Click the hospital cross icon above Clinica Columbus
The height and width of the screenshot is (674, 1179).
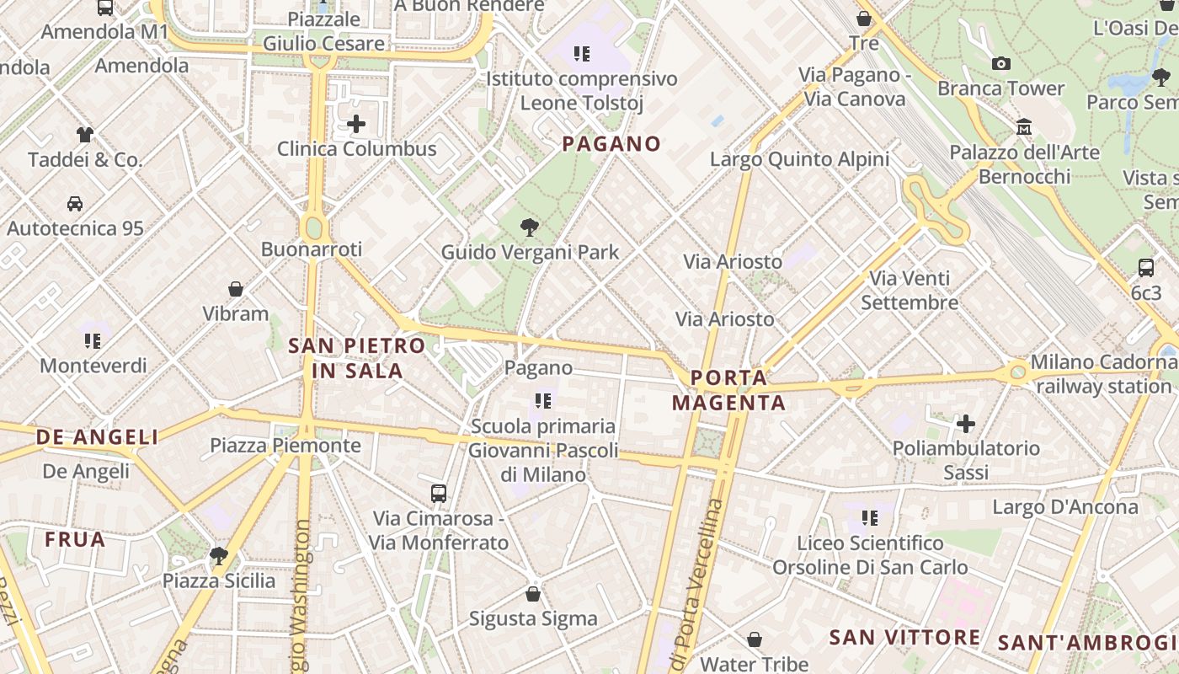[356, 125]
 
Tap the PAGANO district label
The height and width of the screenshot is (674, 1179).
[611, 143]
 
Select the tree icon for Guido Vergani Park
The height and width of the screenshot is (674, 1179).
[530, 227]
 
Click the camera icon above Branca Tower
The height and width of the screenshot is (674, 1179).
[1001, 63]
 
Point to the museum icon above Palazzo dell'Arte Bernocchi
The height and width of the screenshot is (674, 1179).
[1024, 127]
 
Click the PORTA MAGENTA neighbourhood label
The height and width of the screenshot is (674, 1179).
[729, 390]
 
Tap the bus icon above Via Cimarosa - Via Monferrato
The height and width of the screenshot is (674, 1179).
[439, 493]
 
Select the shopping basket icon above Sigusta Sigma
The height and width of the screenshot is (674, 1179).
[533, 594]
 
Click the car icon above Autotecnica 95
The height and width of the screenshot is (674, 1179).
[75, 203]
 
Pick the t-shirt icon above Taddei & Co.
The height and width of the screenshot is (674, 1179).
[85, 134]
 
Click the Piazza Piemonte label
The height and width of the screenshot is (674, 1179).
[285, 445]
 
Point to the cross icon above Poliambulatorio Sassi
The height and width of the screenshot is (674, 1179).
[966, 423]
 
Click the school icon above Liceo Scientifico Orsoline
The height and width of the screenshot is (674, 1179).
[870, 517]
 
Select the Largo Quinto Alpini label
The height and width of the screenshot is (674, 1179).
[799, 159]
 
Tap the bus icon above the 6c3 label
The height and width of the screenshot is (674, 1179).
[1146, 268]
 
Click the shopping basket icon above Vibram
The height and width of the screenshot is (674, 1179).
[236, 289]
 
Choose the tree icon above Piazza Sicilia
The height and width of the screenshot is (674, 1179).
[219, 555]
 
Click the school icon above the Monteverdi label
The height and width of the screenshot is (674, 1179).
[93, 341]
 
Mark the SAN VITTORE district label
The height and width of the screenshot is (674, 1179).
[904, 637]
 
